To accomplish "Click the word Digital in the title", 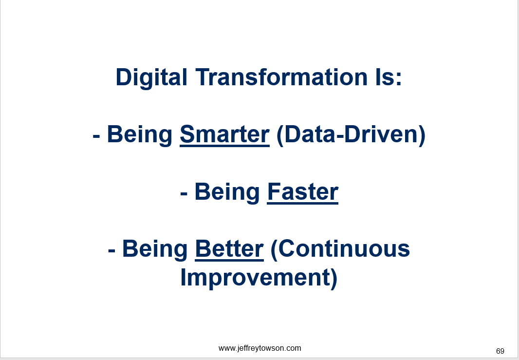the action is [151, 78].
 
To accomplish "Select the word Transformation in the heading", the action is [281, 77].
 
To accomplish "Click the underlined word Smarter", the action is [224, 134].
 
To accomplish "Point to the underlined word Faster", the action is [302, 192].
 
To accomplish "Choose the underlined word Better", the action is [229, 249].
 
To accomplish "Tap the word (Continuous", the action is [340, 249].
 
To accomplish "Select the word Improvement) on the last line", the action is [259, 278].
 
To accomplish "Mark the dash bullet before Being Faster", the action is [184, 194].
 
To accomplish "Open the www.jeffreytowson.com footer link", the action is [260, 348].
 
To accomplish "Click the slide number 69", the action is [500, 351].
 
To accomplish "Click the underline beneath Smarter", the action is [224, 146].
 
